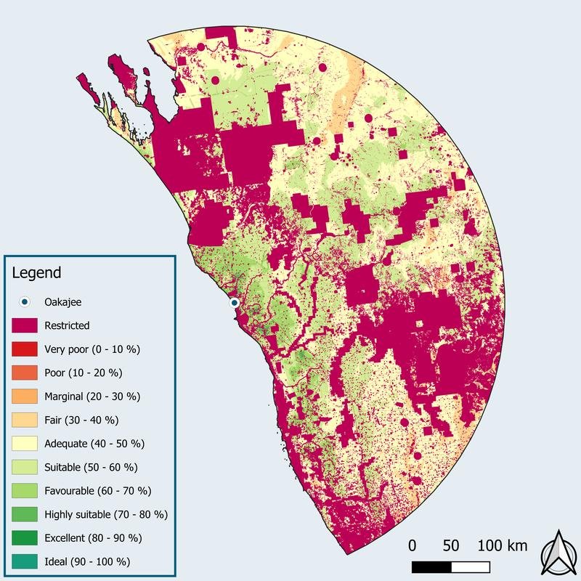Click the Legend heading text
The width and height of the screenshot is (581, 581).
[x=37, y=274]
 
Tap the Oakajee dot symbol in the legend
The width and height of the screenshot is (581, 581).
[x=24, y=302]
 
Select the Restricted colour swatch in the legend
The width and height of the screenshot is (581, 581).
[x=24, y=325]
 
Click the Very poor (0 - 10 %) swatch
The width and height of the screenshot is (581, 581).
[x=24, y=349]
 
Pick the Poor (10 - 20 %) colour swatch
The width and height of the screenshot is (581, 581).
[x=24, y=373]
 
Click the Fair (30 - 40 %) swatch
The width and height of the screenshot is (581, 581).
[x=24, y=420]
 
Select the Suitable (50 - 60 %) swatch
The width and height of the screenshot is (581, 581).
[x=24, y=467]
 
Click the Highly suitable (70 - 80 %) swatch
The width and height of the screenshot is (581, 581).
[x=24, y=514]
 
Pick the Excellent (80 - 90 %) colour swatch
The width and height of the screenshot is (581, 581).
[x=24, y=537]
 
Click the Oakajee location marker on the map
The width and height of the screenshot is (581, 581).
[x=234, y=302]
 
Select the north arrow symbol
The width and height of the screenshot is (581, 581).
[x=558, y=552]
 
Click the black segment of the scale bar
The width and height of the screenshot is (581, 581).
[x=431, y=566]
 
